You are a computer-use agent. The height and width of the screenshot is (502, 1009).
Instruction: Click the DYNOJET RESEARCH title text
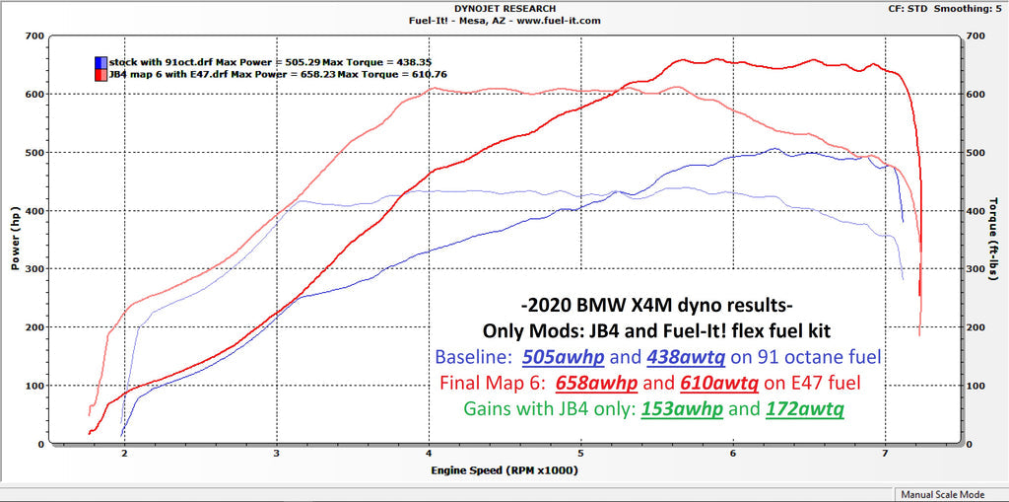pyautogui.click(x=504, y=8)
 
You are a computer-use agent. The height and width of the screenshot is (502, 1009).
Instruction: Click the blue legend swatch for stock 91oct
pyautogui.click(x=101, y=61)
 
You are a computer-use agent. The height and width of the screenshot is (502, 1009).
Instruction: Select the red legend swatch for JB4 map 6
pyautogui.click(x=101, y=73)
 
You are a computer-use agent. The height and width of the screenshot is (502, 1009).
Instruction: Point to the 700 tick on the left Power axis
pyautogui.click(x=34, y=36)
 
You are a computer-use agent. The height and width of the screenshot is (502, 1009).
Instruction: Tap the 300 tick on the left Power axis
pyautogui.click(x=34, y=269)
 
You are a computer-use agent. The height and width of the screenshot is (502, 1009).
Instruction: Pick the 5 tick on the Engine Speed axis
pyautogui.click(x=581, y=455)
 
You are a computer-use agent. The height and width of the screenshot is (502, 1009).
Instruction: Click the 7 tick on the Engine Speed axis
pyautogui.click(x=886, y=455)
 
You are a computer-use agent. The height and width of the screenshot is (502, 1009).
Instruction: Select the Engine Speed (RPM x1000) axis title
pyautogui.click(x=504, y=470)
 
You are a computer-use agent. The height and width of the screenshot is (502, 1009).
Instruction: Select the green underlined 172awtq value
pyautogui.click(x=805, y=407)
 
